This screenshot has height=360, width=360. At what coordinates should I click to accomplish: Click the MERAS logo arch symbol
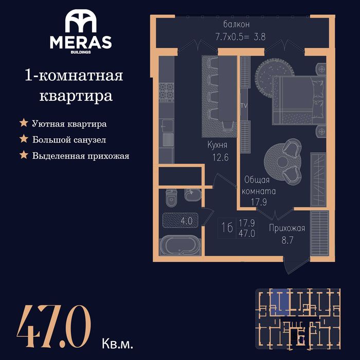(81, 21)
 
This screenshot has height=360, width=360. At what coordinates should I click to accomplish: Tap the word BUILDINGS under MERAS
(81, 52)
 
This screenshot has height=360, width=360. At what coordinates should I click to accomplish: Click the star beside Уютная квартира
(24, 122)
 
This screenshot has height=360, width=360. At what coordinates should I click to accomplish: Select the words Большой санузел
(69, 139)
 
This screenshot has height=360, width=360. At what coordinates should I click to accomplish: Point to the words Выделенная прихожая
(81, 156)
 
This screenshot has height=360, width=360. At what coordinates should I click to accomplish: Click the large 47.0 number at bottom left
(54, 326)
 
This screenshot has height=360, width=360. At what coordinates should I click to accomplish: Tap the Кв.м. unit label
(117, 344)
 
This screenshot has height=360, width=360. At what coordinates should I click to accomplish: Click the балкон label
(236, 24)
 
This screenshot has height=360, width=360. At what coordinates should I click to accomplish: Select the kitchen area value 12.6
(221, 157)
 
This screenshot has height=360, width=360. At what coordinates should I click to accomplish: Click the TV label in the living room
(244, 105)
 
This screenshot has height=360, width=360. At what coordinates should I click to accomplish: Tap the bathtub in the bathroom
(180, 245)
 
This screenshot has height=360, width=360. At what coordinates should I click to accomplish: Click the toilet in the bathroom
(171, 197)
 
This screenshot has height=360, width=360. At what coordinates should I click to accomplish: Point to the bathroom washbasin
(192, 195)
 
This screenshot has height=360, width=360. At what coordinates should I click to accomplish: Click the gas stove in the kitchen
(167, 92)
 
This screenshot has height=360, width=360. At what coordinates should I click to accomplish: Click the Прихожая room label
(287, 228)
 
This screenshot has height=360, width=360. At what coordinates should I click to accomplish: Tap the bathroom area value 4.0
(186, 221)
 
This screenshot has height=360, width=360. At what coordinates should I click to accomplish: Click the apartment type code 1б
(227, 227)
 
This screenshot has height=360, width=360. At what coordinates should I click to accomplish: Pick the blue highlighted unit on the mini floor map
(279, 302)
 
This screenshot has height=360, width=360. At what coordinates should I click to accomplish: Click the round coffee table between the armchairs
(281, 162)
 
